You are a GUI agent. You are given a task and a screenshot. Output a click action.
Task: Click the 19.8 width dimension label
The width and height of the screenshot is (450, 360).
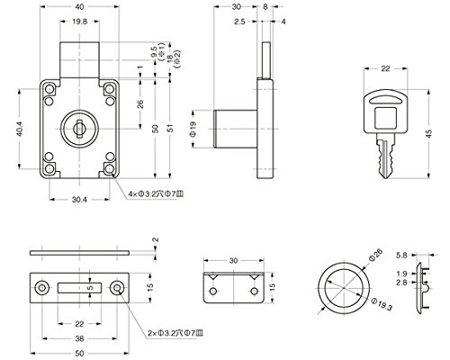click(79, 22)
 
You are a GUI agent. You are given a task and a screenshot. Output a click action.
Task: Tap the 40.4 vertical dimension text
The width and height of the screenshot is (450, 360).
click(20, 129)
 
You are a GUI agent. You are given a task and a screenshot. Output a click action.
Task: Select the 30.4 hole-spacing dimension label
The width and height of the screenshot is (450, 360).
click(79, 200)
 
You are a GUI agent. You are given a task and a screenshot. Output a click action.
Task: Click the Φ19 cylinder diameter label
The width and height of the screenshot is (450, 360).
click(193, 129)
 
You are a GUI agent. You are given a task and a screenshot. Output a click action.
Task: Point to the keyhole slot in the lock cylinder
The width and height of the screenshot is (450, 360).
click(79, 129)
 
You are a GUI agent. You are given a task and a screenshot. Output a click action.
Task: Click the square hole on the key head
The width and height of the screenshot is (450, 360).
click(386, 118)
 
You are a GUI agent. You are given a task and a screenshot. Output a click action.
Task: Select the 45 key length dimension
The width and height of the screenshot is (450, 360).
click(429, 133)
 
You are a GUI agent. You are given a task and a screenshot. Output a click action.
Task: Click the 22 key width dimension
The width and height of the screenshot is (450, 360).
click(385, 68)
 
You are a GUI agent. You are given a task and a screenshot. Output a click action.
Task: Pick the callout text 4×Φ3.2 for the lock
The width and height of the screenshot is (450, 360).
click(156, 194)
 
